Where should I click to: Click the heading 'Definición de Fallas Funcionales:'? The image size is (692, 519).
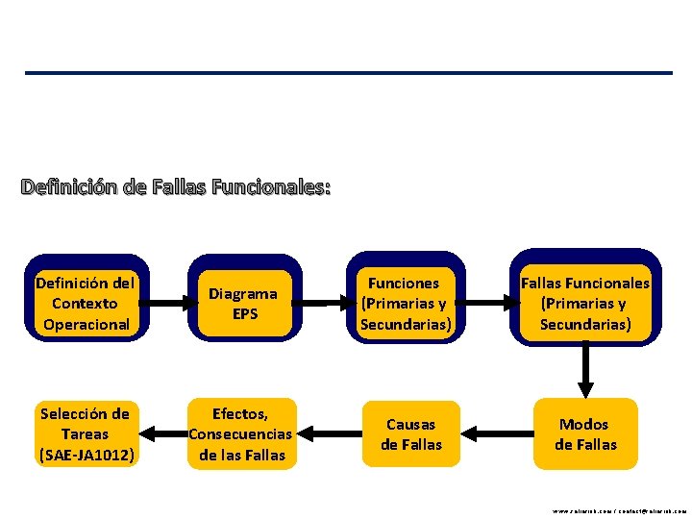point(176,186)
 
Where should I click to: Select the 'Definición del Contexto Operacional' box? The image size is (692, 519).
point(86,303)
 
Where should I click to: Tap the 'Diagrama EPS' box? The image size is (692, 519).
point(244,303)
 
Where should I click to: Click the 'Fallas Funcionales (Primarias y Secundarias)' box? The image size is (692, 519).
point(584,303)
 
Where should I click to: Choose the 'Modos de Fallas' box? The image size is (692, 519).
point(584,434)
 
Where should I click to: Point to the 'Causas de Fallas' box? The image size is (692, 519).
point(411,434)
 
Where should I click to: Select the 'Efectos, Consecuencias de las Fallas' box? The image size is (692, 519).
point(240,434)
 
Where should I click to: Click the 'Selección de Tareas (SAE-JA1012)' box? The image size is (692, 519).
point(86,434)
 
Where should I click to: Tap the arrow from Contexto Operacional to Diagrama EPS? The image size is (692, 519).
point(163,304)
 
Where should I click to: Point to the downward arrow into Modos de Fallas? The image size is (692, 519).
point(584,370)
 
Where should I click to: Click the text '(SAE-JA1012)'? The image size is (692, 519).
point(86,455)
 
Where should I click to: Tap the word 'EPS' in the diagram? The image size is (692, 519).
point(244,313)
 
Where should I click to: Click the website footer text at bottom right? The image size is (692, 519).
point(619,512)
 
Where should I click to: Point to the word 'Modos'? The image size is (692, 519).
point(584,424)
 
